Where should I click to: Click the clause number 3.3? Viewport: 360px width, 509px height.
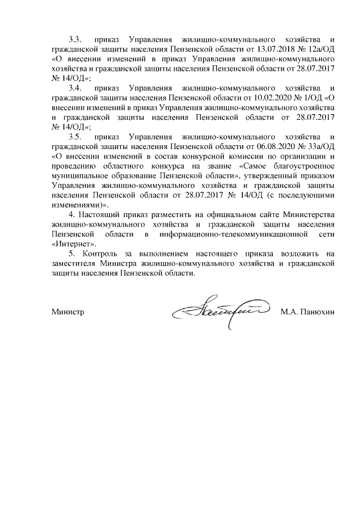pos(76,40)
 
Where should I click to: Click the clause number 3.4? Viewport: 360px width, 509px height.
pos(76,89)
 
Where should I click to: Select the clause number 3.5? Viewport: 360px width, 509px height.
pos(76,138)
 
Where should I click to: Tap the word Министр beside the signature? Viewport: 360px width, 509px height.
pos(67,312)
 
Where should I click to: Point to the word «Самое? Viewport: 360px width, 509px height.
pos(255,166)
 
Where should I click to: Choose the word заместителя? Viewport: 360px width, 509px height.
pos(71,264)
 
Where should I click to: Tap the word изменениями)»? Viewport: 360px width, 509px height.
pos(79,205)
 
